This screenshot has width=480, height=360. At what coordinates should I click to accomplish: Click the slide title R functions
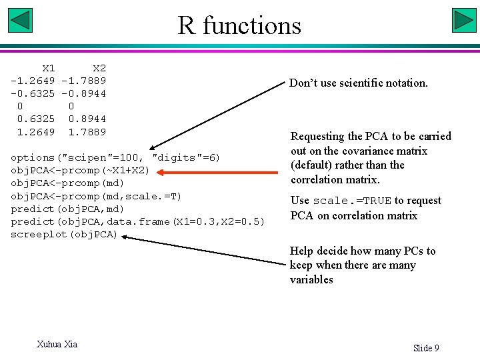tap(239, 25)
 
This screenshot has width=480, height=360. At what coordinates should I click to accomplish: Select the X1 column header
tap(48, 68)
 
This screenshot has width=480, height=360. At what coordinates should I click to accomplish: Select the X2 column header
tap(99, 68)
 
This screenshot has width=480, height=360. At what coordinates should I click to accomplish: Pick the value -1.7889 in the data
tap(83, 81)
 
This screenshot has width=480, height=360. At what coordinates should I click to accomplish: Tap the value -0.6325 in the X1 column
tap(33, 93)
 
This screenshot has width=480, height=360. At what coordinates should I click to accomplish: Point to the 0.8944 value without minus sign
tap(87, 119)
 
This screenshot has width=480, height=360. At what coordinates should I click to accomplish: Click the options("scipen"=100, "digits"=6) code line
tap(115, 158)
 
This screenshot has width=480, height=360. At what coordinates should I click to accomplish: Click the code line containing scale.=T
tap(96, 196)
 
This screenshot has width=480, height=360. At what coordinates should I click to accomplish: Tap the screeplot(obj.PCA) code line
tap(64, 235)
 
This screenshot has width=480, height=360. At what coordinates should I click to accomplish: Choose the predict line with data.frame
tap(137, 222)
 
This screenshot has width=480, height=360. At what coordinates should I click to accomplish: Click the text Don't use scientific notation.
tap(358, 83)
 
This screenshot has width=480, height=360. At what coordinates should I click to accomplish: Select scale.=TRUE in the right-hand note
tap(352, 201)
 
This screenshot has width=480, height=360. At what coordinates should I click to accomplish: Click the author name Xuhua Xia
tap(57, 344)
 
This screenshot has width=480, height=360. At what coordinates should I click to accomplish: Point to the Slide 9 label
tap(426, 348)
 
